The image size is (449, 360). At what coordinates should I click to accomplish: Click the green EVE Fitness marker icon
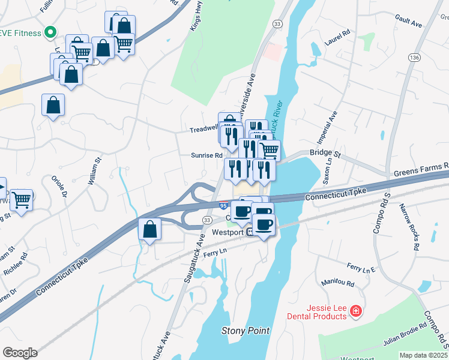tap(51, 32)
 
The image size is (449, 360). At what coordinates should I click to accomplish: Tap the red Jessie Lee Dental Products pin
tap(356, 310)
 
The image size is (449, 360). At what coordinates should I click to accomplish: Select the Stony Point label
tap(246, 331)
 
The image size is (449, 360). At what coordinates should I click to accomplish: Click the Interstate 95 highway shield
tap(223, 206)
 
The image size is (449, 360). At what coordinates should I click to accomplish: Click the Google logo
tap(20, 353)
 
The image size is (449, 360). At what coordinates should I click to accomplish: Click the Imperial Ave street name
tap(331, 128)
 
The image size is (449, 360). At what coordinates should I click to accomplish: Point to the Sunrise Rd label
tap(206, 155)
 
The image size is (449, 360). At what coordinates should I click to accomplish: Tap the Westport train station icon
tap(250, 233)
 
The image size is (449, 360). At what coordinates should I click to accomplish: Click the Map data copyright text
tap(424, 355)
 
